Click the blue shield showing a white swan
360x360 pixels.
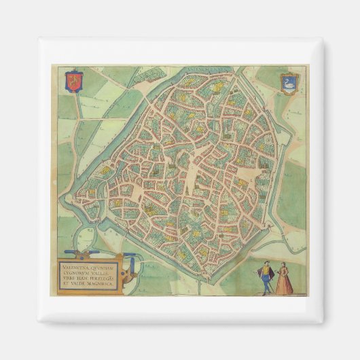click(287, 82)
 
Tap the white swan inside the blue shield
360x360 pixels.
click(287, 82)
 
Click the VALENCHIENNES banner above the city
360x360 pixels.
click(208, 69)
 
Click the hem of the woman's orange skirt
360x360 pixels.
click(285, 292)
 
